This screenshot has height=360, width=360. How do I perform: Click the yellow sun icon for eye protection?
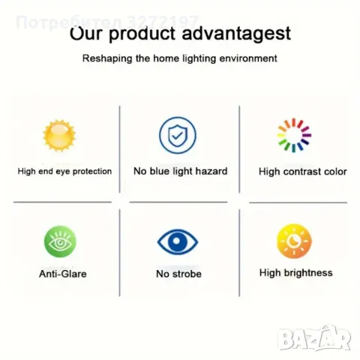(58, 136)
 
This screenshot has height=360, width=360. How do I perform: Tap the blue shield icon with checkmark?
(178, 136)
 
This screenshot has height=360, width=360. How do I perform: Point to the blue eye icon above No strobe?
(178, 242)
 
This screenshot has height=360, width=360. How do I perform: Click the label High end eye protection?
(64, 171)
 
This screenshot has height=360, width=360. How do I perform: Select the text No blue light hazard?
(180, 171)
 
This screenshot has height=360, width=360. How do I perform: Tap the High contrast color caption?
(303, 172)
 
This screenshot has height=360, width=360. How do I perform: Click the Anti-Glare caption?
(62, 274)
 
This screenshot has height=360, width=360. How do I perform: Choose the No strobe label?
(178, 274)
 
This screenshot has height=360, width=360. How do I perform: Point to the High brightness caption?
(295, 273)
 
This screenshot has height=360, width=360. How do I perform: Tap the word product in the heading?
(142, 34)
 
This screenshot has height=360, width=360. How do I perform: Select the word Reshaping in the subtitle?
(105, 58)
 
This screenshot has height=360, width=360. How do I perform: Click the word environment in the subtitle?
(246, 58)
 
